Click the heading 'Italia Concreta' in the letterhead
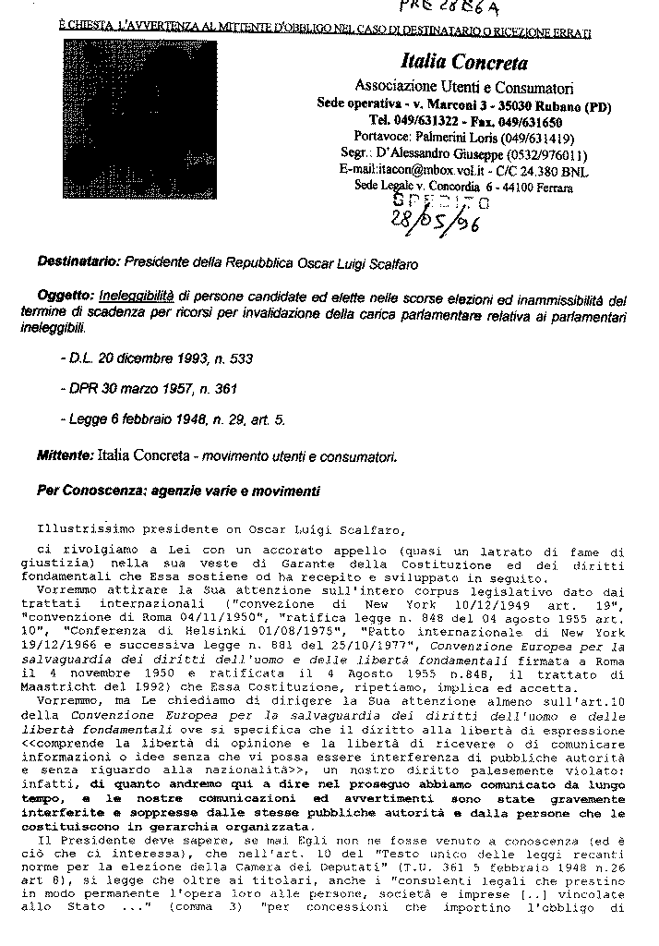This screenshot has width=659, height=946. click(464, 64)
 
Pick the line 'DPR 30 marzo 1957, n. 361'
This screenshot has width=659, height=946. click(145, 389)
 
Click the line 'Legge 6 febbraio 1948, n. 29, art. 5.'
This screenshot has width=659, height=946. click(172, 419)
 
